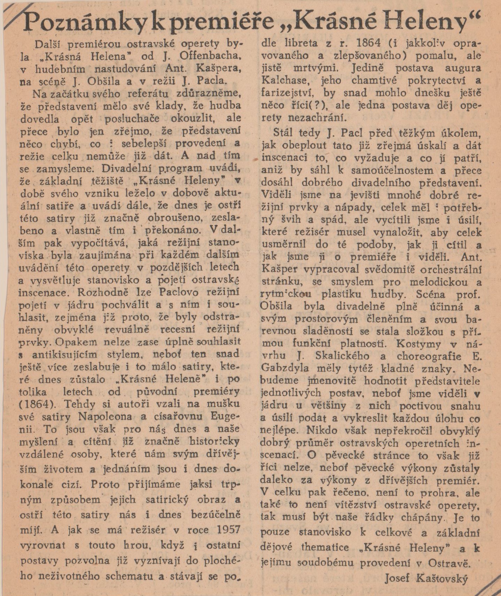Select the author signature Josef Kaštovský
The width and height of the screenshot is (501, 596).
(425, 579)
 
